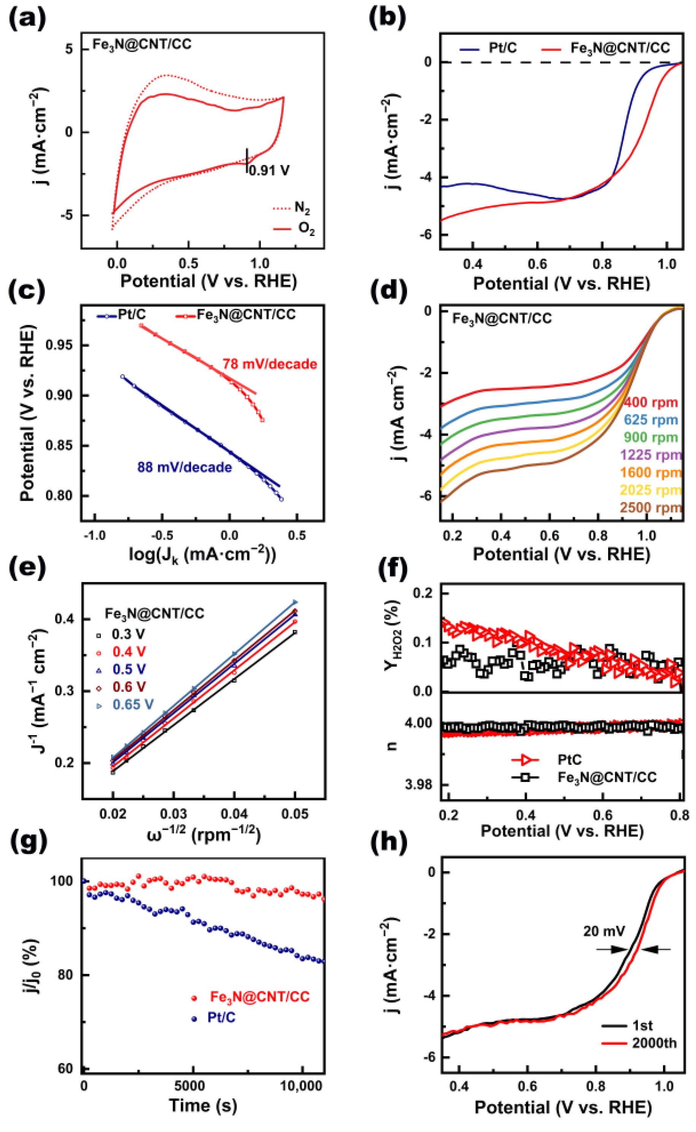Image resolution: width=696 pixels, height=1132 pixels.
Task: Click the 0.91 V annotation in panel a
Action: [269, 171]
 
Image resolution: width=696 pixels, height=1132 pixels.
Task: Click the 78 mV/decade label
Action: [270, 364]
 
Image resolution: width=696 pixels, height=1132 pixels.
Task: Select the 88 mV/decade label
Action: [184, 467]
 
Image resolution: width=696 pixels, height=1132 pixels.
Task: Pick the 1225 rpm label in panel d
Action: [650, 455]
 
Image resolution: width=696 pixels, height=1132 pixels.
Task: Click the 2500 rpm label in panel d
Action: [650, 508]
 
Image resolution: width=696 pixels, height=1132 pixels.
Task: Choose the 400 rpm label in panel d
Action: [651, 403]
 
